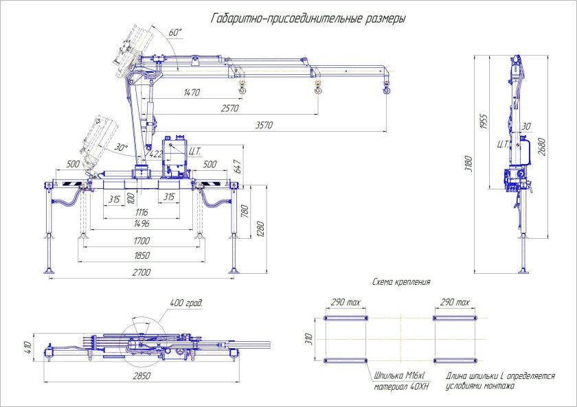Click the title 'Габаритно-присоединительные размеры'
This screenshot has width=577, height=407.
308,19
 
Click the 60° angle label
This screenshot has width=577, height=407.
176,32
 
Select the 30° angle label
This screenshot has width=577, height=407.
121,148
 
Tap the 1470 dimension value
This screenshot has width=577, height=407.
192,92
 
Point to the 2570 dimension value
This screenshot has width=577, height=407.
229,108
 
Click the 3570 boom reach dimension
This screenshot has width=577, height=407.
264,126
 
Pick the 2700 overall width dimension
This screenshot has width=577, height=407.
142,272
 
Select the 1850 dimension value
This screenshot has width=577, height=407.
142,255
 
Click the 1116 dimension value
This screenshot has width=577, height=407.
142,212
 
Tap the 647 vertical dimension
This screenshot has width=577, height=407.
237,166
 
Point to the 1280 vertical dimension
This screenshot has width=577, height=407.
260,229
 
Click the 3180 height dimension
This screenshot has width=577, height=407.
468,163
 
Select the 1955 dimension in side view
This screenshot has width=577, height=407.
484,121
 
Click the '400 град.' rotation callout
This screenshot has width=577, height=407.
186,303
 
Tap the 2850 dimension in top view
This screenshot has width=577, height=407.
142,376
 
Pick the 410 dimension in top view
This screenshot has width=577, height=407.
27,347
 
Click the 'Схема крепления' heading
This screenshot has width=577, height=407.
401,282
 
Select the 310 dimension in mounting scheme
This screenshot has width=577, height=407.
308,339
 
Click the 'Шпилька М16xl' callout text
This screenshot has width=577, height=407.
399,376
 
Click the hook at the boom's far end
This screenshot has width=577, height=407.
386,89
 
